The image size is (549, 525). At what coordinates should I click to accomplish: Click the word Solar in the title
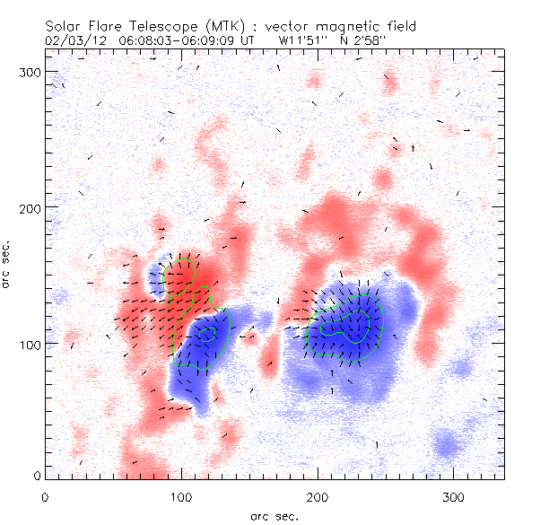[x=62, y=27]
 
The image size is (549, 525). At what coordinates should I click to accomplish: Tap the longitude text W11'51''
[x=305, y=40]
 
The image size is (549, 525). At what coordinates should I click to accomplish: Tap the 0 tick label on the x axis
[x=45, y=496]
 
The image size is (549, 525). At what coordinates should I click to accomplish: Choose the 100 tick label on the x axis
[x=181, y=496]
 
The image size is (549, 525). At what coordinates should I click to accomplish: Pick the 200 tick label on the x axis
[x=318, y=496]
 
